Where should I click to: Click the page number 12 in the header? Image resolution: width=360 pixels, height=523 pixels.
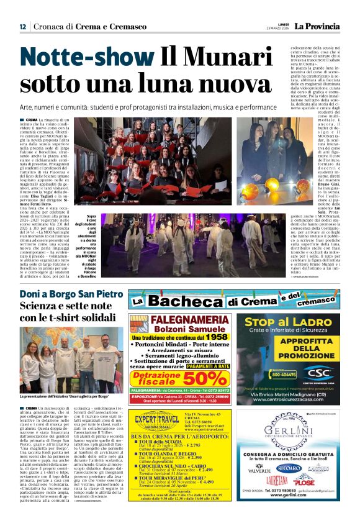(x=22, y=26)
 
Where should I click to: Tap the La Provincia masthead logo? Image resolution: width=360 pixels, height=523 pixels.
(x=317, y=26)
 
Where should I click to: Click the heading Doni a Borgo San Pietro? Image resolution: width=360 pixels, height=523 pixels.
(x=64, y=294)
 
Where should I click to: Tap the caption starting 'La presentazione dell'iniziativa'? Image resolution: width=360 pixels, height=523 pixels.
(x=65, y=396)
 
